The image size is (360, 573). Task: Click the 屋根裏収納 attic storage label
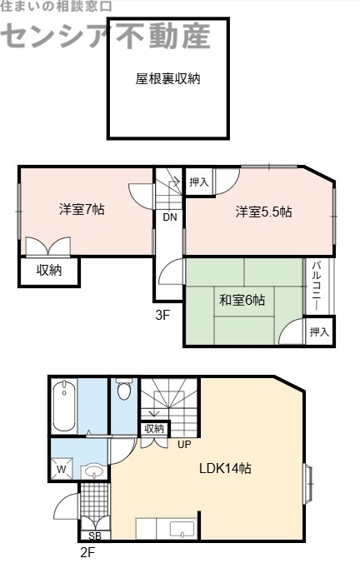coord(167,80)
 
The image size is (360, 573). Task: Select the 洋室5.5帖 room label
coord(263,212)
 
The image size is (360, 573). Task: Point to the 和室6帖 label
coord(242,300)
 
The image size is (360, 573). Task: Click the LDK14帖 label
coord(225,468)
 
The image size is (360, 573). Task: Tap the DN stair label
coord(169,218)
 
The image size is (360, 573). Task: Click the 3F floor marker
coord(162,316)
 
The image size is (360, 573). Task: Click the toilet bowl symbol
coord(124,391)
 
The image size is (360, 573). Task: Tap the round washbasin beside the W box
coord(93,472)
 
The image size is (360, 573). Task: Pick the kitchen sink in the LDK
coord(181,528)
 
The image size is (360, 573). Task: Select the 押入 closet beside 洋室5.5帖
coord(198,182)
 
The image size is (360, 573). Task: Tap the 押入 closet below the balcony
coord(319,331)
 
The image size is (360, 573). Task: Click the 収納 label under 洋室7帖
coord(48,271)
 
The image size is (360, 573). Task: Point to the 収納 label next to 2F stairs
coord(154,429)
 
